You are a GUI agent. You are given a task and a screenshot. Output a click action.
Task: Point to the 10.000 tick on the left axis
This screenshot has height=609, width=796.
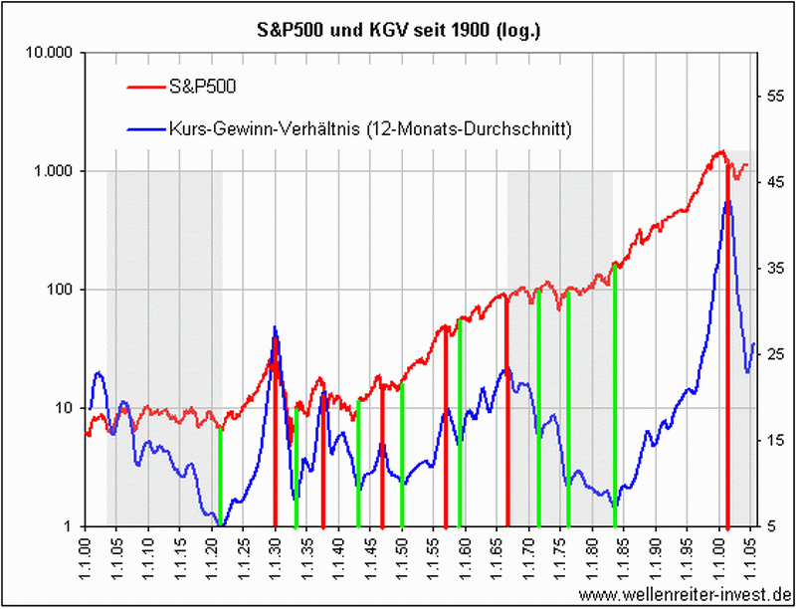coord(57,53)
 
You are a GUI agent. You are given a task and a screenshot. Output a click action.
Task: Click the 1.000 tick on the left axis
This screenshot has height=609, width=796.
coord(61,171)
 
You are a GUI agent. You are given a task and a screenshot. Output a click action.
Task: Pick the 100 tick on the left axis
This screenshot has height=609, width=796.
coord(68,290)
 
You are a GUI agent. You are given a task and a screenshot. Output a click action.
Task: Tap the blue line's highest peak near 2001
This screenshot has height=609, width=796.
coord(727,202)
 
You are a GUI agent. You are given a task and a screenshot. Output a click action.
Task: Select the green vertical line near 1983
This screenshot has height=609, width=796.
coord(615,398)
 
